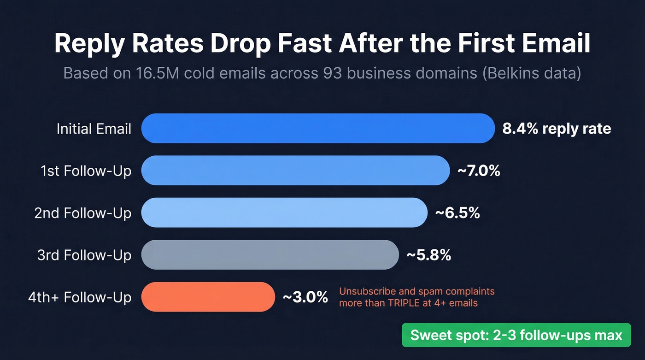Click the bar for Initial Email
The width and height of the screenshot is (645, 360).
pyautogui.click(x=317, y=128)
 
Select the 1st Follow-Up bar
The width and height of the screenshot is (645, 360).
pyautogui.click(x=295, y=171)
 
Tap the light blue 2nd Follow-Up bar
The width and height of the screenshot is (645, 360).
pyautogui.click(x=284, y=212)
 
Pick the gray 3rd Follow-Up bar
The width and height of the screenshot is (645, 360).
pyautogui.click(x=270, y=254)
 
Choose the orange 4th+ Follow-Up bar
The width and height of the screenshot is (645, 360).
pyautogui.click(x=208, y=297)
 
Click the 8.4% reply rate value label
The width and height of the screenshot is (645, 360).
pyautogui.click(x=557, y=129)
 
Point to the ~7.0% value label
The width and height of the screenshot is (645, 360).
pyautogui.click(x=478, y=171)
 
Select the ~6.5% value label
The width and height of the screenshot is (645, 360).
pyautogui.click(x=457, y=213)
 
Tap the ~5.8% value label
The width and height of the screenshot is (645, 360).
pyautogui.click(x=428, y=255)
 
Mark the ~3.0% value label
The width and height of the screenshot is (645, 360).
pyautogui.click(x=305, y=297)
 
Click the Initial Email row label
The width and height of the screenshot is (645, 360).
pyautogui.click(x=94, y=129)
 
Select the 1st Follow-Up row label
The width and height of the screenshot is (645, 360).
pyautogui.click(x=86, y=171)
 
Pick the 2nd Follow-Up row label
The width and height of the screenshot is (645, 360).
pyautogui.click(x=83, y=213)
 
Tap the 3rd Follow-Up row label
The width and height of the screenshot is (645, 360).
pyautogui.click(x=84, y=255)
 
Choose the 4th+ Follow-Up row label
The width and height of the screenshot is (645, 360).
pyautogui.click(x=80, y=297)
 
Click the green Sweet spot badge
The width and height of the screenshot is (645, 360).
pyautogui.click(x=516, y=335)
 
